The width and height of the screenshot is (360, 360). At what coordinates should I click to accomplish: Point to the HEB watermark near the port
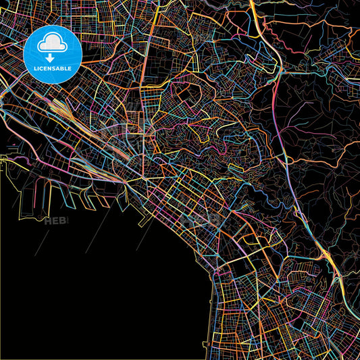[x=55, y=220]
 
